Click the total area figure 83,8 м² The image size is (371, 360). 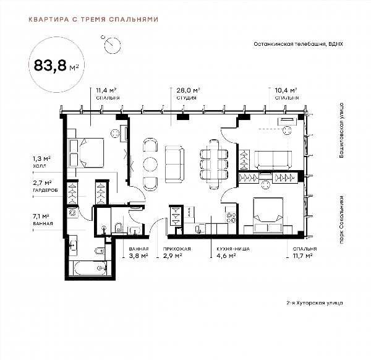point(56,66)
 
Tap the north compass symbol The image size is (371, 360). point(112,45)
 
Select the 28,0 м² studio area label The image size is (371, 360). point(188,90)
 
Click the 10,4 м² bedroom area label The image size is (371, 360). point(286,90)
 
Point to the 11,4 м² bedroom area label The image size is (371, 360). point(106,90)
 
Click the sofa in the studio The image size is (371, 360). point(174,165)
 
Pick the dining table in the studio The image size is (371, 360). point(214,164)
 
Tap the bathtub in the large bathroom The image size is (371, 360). point(90,268)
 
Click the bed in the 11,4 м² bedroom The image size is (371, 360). point(86,153)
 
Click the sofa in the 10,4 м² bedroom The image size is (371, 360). point(273,160)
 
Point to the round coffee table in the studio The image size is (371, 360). point(150,164)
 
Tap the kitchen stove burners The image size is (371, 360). point(231,218)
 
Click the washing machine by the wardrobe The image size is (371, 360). point(72,212)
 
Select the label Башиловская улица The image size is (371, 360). point(341,130)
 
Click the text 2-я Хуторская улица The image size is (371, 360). point(315,302)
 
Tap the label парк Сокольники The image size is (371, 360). point(341,220)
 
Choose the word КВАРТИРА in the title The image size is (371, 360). point(48,19)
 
